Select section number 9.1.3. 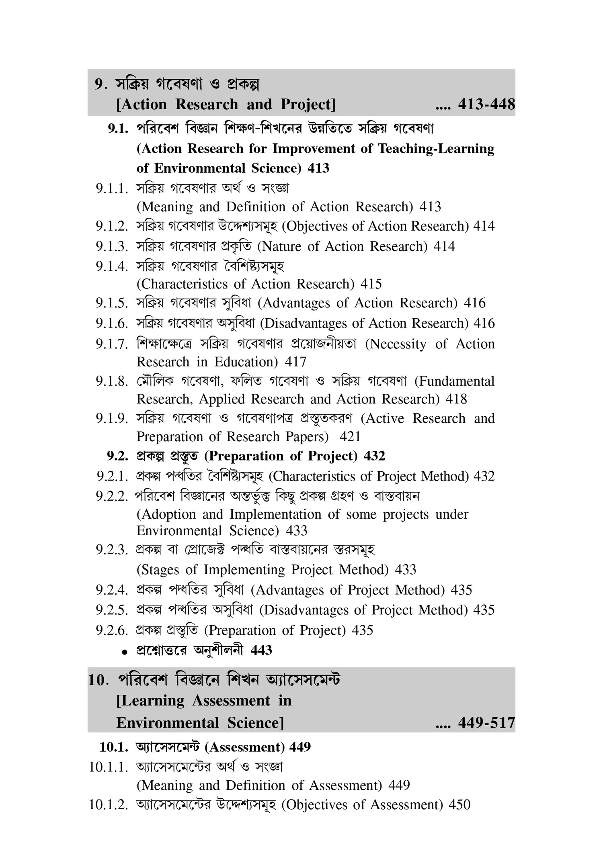coord(111,246)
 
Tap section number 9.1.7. coord(111,344)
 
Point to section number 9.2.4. coord(111,590)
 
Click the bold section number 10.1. coord(114,747)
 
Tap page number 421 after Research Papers coord(350,437)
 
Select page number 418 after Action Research coord(456,399)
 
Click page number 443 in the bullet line coord(261,650)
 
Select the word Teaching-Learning coord(436,149)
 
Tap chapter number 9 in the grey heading coord(99,84)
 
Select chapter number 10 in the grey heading coord(97,680)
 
